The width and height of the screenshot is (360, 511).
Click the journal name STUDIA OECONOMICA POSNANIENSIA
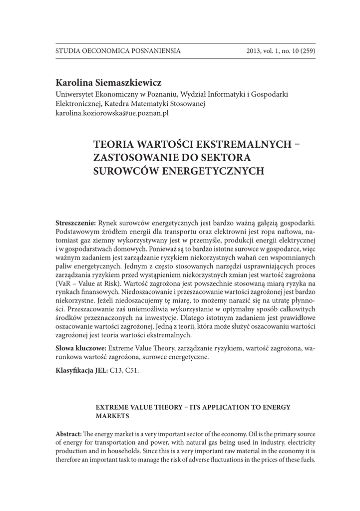[118, 51]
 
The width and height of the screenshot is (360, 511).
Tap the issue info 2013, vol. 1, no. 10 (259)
[281, 51]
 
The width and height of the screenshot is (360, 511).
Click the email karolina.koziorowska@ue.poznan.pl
[112, 113]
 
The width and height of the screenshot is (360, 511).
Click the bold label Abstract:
[68, 434]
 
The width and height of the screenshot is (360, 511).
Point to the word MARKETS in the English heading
[113, 415]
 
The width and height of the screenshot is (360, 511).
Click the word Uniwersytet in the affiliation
[75, 93]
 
